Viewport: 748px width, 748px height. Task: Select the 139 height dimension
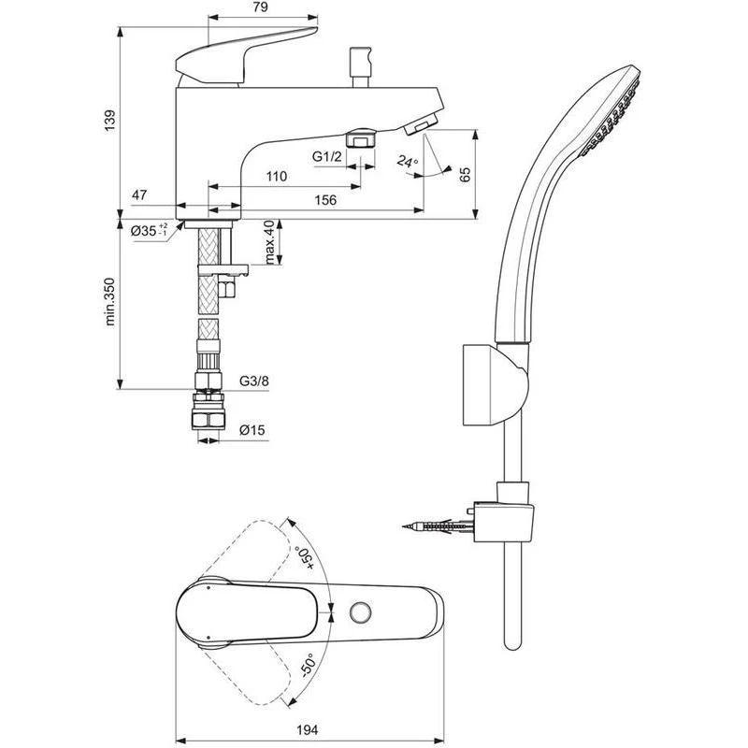[110, 122]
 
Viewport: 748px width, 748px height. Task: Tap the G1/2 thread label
[327, 156]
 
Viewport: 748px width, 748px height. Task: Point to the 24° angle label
[407, 161]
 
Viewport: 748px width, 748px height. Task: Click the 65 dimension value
[465, 174]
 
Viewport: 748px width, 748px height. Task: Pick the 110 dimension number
[277, 177]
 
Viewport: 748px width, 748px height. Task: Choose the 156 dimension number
[325, 200]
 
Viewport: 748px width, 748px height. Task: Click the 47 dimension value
[139, 195]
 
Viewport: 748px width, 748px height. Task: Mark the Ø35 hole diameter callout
[150, 231]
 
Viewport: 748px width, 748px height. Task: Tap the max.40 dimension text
[270, 242]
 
